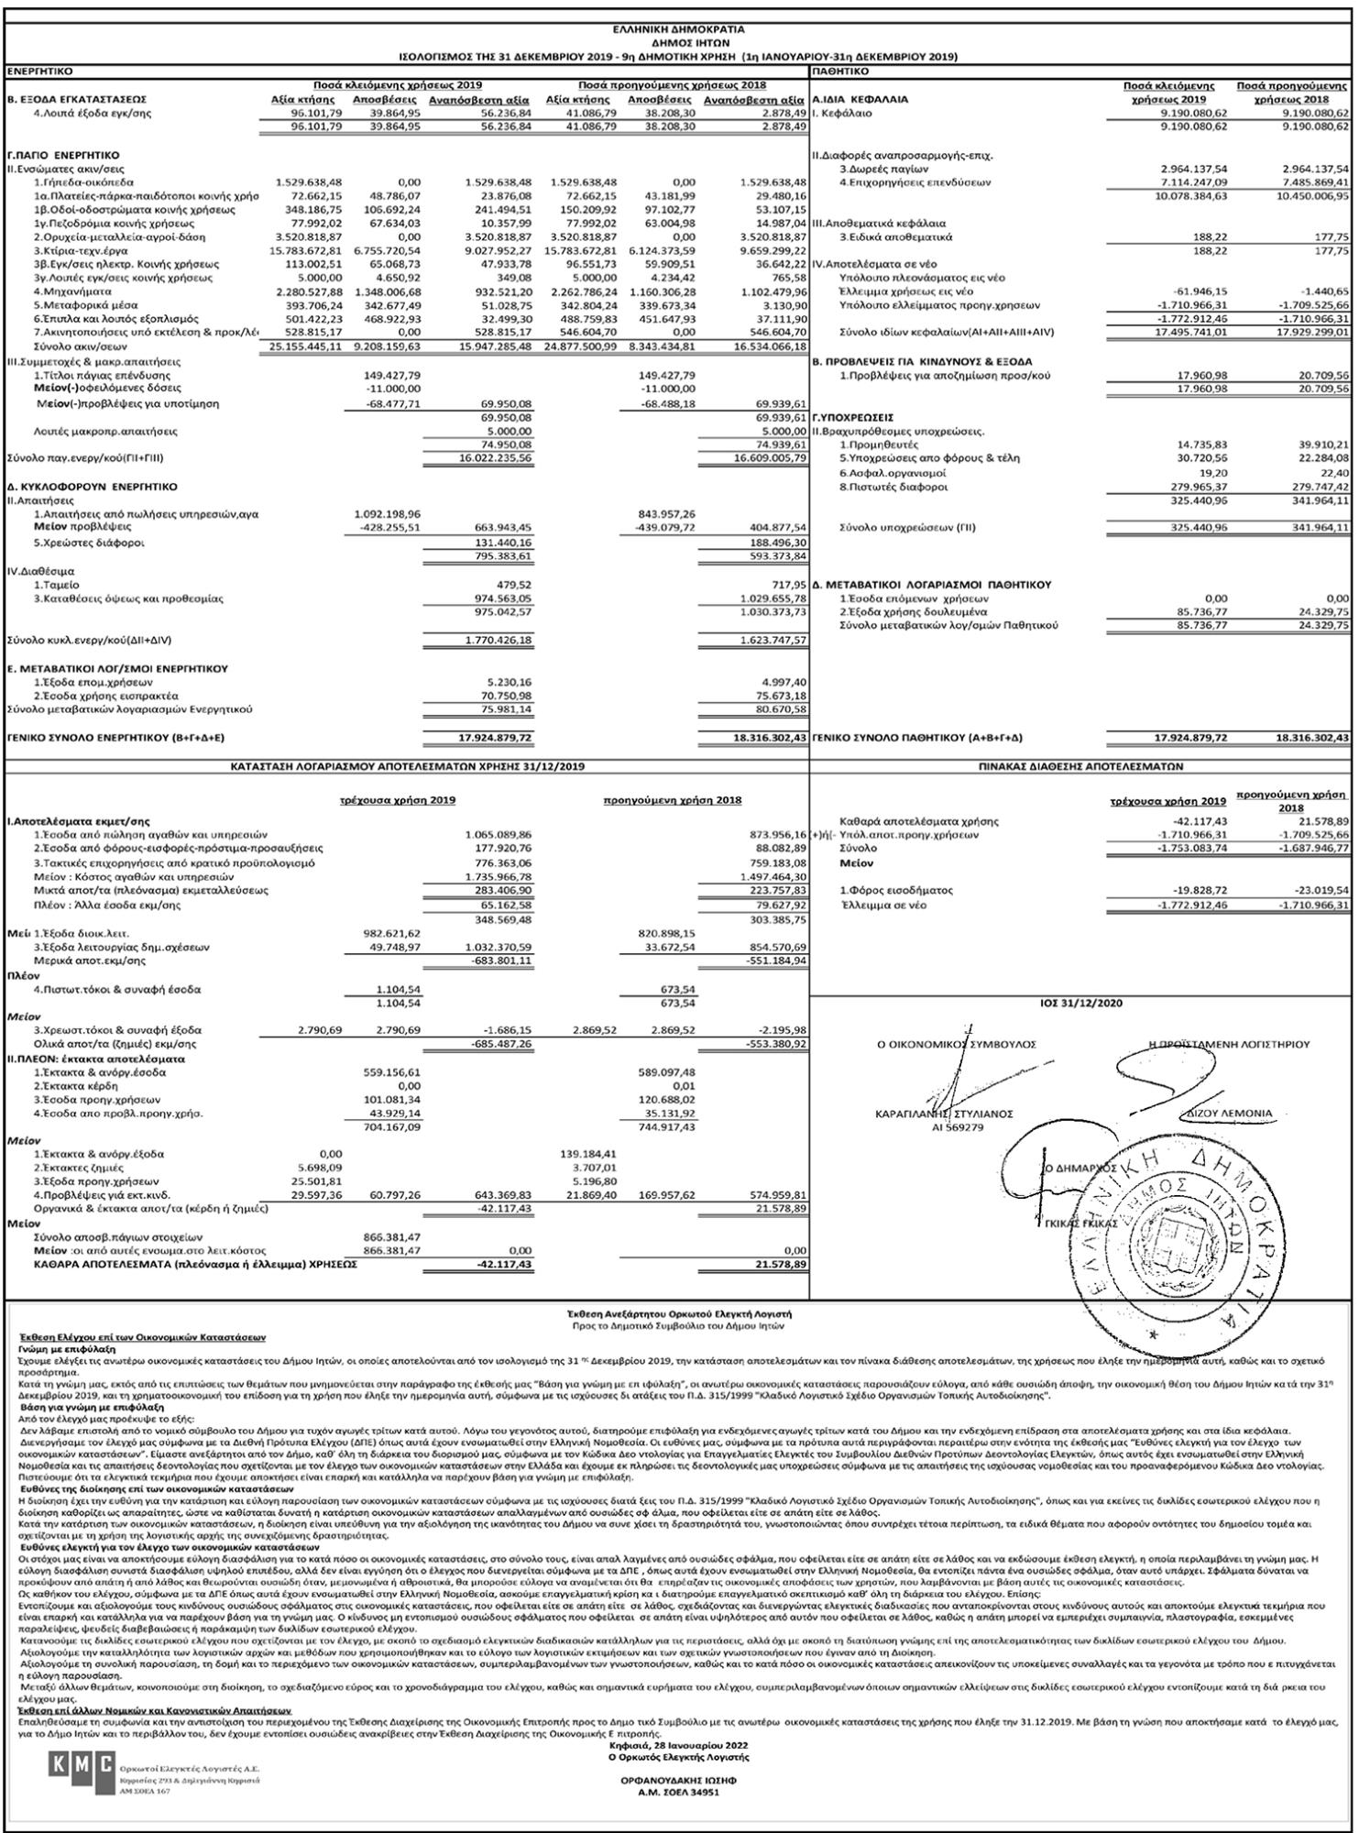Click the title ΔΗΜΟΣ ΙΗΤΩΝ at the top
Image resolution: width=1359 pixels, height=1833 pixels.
(678, 42)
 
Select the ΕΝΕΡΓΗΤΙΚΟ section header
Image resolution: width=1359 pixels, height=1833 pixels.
(41, 71)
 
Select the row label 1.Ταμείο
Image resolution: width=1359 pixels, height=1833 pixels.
(56, 584)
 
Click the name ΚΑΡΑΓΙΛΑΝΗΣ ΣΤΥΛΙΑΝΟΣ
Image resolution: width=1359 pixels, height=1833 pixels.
(945, 1114)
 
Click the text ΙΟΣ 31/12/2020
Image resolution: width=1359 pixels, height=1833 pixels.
(1080, 1004)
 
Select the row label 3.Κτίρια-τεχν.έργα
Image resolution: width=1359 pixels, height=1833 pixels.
(81, 250)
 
